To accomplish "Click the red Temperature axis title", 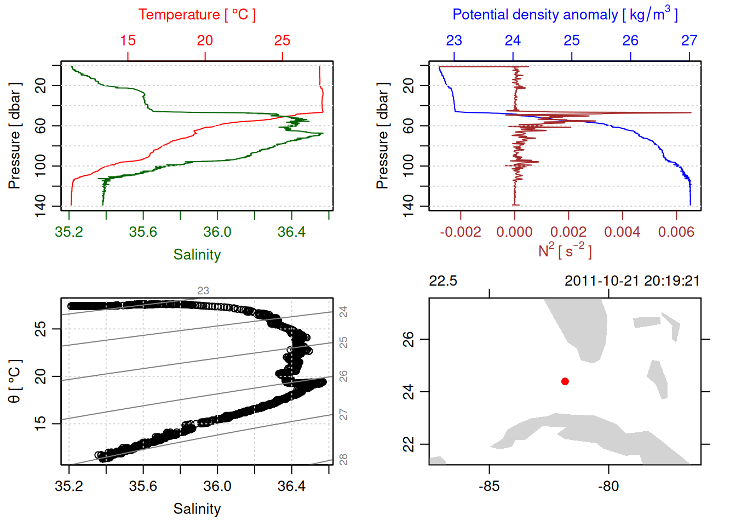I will tap(197, 15).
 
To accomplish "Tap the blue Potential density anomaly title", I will tap(565, 15).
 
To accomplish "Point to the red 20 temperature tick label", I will tap(205, 41).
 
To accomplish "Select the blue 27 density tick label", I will tap(689, 41).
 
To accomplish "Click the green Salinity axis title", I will tap(197, 255).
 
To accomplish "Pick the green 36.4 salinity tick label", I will tap(291, 232).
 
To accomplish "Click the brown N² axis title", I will tap(565, 250).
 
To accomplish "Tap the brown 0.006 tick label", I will tap(676, 232).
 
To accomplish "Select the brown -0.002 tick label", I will tap(460, 232).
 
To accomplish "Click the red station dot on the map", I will tap(565, 381).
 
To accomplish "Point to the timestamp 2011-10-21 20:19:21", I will tap(632, 281).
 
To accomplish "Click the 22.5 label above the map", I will tap(442, 281).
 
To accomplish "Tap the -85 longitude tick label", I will tap(489, 487).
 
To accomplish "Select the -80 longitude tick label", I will tap(608, 487).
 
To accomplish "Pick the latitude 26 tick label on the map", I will tap(409, 339).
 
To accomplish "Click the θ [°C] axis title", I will tap(15, 381).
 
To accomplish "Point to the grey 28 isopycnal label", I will tap(343, 459).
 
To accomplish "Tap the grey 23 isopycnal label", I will tap(203, 291).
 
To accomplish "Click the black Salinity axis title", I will tap(197, 509).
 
